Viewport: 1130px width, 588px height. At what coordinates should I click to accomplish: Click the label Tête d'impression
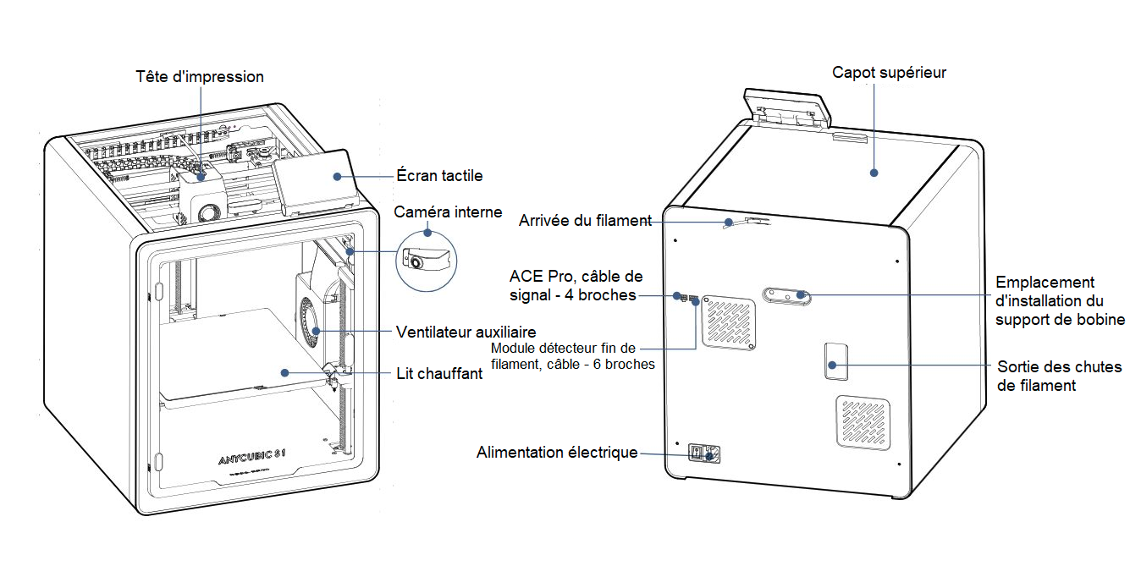(200, 77)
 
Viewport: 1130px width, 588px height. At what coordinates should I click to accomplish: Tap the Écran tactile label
(439, 176)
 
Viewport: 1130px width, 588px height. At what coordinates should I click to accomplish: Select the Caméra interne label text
(448, 212)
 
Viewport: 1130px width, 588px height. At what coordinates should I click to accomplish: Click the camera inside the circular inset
(416, 260)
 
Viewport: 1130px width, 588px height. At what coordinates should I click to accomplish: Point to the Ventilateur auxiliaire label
(466, 331)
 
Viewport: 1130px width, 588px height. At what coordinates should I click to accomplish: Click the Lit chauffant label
(440, 373)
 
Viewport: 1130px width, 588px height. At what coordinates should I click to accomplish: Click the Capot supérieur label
(889, 73)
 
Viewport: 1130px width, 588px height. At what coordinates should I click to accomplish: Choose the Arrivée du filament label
(585, 221)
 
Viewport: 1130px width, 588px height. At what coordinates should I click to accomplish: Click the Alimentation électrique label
(557, 453)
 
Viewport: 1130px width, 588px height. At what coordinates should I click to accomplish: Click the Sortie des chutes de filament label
(1059, 376)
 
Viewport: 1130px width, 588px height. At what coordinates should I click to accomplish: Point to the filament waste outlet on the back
(835, 361)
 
